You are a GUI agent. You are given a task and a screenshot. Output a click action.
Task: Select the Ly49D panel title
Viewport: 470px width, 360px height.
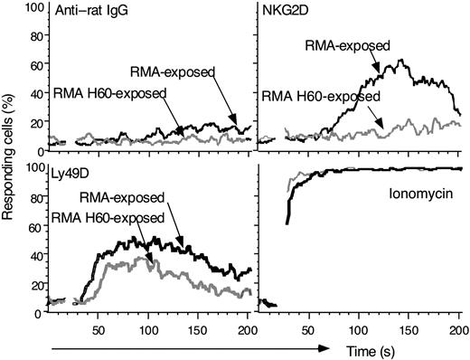coord(66,170)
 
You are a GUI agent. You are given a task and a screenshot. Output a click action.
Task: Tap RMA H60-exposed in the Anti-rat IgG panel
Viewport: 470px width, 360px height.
coord(112,93)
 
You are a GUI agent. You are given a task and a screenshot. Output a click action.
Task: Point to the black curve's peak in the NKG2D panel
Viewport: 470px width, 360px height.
coord(400,62)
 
